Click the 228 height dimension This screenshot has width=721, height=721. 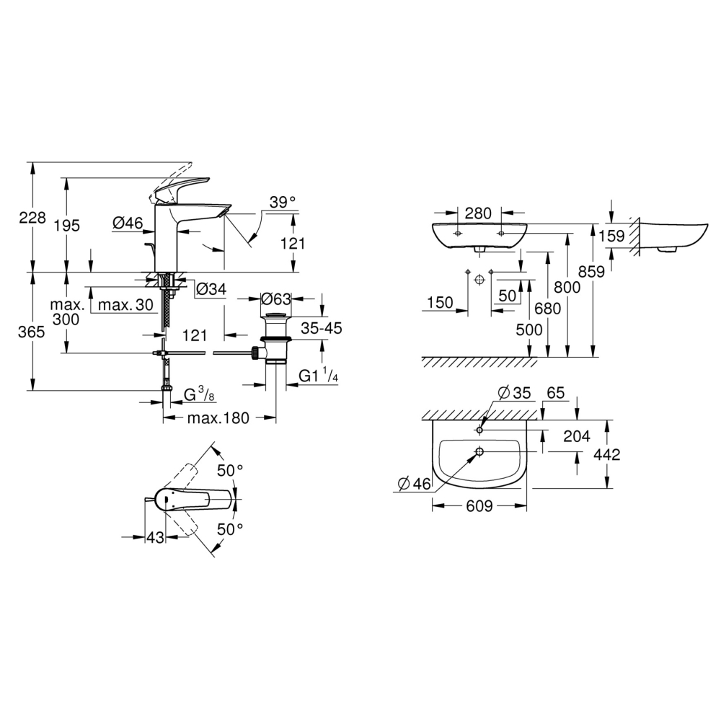(x=32, y=218)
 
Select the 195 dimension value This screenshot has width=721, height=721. (x=66, y=225)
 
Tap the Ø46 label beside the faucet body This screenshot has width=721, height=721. (x=128, y=223)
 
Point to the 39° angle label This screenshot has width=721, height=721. (x=283, y=202)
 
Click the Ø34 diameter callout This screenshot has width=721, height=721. (x=211, y=289)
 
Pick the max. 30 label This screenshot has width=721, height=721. (x=125, y=304)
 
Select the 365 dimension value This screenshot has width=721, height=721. (x=31, y=332)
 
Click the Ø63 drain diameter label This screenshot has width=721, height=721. (x=276, y=299)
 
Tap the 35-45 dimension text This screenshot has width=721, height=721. (x=322, y=328)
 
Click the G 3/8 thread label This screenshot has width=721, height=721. (x=199, y=394)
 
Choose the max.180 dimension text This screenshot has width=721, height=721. (x=218, y=418)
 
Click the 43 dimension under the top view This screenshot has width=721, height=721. (x=155, y=536)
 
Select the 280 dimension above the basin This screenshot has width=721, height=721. (x=478, y=213)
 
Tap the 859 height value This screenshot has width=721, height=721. (x=591, y=272)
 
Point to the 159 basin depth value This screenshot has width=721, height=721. (x=611, y=236)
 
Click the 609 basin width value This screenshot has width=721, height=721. (x=479, y=506)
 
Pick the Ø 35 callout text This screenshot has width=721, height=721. (x=515, y=393)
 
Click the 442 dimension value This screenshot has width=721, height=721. (x=606, y=455)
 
